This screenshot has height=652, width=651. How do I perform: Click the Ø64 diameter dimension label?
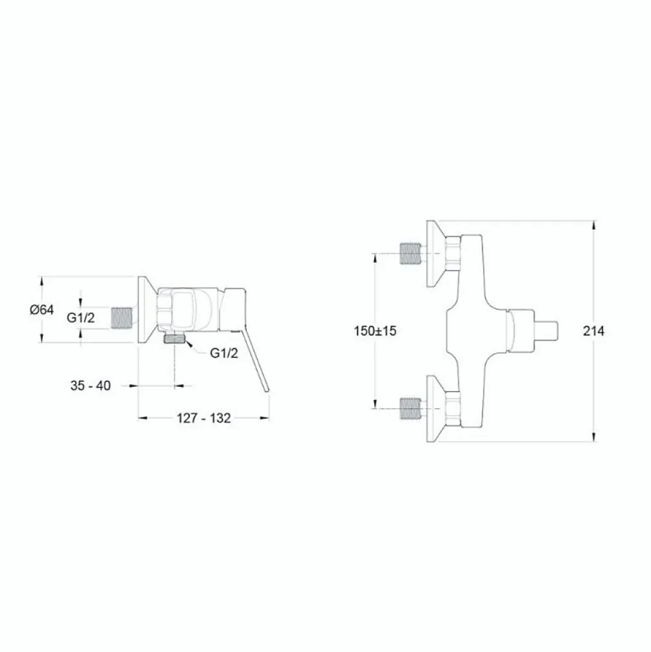pos(42,310)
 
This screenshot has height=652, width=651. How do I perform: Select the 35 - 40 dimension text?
pos(90,386)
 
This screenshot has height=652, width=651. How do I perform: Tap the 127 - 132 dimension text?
pos(204,418)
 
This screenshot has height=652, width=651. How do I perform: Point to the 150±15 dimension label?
pos(375,331)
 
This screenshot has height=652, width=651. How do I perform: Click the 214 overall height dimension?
pos(594,331)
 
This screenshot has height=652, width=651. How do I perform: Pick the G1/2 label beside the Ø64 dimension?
pos(81,318)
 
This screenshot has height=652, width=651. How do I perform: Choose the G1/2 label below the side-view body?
pos(224,353)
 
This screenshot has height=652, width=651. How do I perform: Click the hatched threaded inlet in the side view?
pos(122,319)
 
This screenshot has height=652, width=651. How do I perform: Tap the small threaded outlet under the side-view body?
pos(174,339)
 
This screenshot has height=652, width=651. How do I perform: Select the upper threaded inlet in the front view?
pos(410,253)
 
